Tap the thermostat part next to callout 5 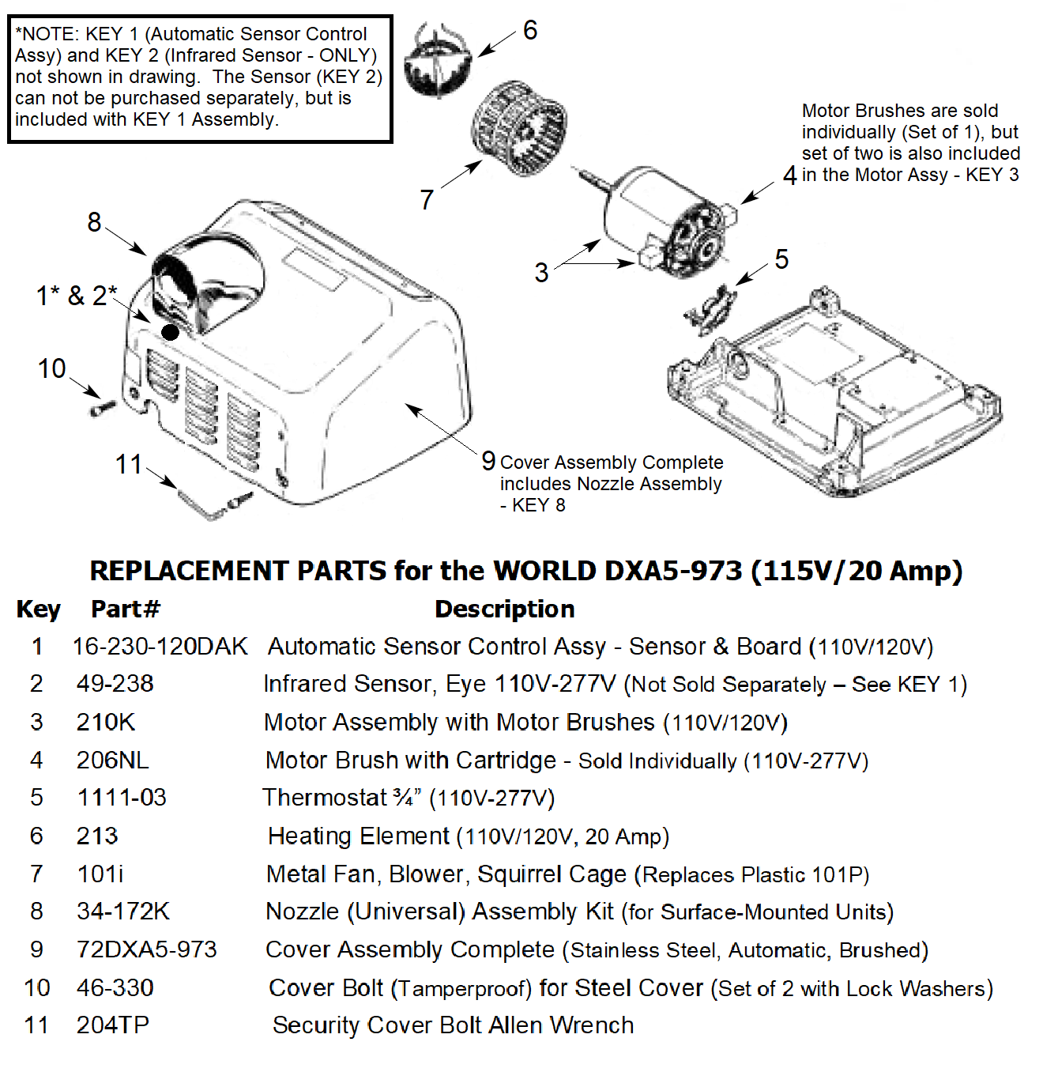710,309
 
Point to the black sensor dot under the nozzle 170,331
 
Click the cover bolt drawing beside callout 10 103,408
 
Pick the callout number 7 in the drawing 427,199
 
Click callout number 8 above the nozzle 94,222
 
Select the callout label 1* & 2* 77,296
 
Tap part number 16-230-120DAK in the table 160,647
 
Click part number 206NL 112,761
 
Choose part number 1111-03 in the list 122,798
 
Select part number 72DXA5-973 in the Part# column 146,949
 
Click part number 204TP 112,1025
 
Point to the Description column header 504,609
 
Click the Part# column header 125,609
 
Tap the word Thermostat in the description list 325,798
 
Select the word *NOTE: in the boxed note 47,34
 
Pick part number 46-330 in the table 115,987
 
